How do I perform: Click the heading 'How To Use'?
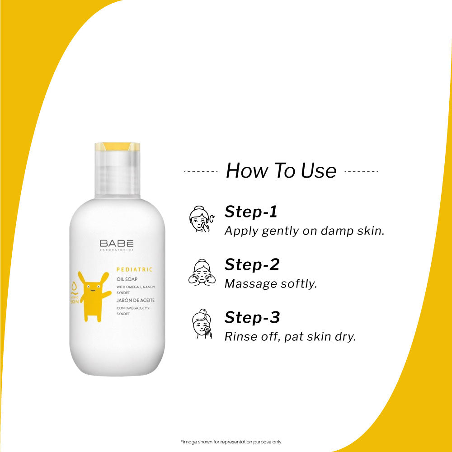click(281, 171)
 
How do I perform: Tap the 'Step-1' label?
click(251, 212)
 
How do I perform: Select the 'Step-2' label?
click(252, 264)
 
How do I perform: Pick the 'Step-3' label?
click(252, 317)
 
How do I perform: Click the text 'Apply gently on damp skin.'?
click(304, 231)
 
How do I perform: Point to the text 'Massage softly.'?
click(271, 284)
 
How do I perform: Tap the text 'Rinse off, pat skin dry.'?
click(290, 337)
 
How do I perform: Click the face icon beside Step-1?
click(199, 219)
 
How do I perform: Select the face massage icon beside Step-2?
click(199, 272)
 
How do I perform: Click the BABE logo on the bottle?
click(117, 243)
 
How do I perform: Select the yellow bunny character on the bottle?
click(93, 296)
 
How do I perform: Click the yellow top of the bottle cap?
click(117, 146)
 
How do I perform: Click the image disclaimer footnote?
click(231, 442)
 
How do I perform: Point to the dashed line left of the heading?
click(201, 171)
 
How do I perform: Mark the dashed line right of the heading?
click(361, 171)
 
